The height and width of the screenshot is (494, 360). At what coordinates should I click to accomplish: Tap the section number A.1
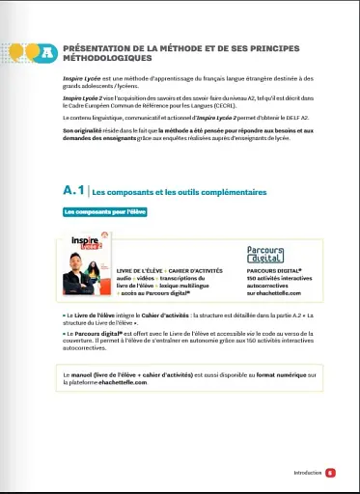[x=73, y=192]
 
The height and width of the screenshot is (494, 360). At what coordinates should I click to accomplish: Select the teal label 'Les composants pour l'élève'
[x=103, y=210]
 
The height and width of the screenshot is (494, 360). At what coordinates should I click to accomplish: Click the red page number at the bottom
[x=330, y=473]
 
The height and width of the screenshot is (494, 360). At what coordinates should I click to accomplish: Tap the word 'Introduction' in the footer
[x=307, y=473]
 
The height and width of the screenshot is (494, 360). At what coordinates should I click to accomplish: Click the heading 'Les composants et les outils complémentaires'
[x=180, y=193]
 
